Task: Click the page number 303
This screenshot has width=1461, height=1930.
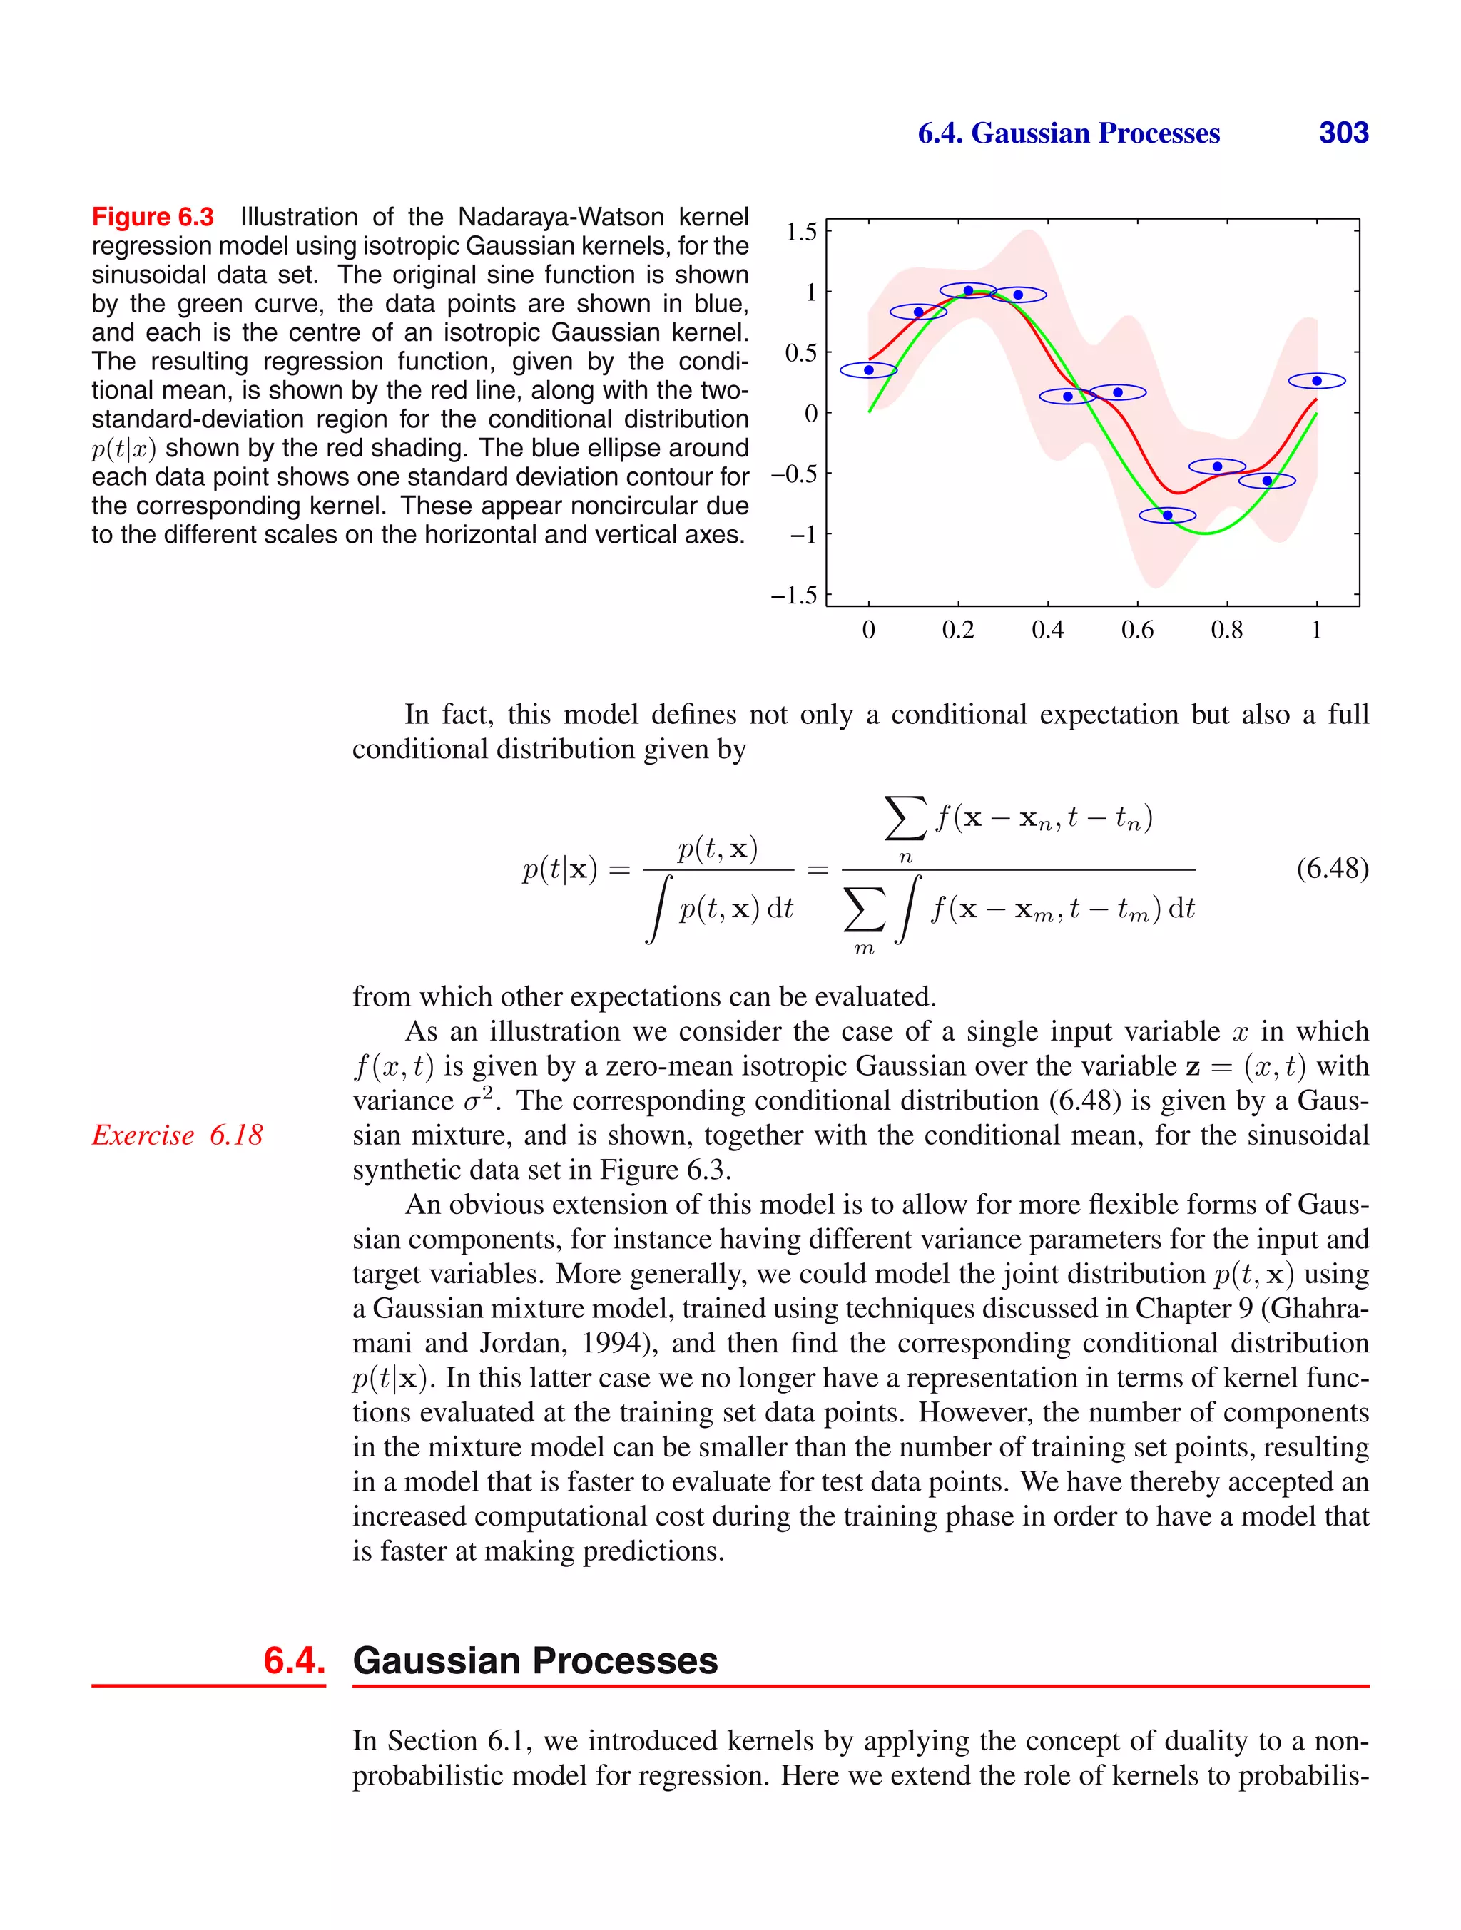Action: (x=1343, y=133)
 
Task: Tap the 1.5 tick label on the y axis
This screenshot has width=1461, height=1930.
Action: (x=800, y=232)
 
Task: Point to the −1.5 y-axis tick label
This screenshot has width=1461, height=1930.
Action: (x=793, y=596)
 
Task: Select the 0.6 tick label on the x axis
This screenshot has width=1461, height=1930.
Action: (x=1136, y=630)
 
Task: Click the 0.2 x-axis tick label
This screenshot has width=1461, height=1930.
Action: (x=957, y=630)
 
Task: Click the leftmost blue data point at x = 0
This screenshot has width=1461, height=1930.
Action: (x=868, y=370)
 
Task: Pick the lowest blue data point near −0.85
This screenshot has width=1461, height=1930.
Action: (x=1167, y=515)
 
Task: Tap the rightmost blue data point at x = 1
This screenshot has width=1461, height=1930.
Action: (x=1316, y=380)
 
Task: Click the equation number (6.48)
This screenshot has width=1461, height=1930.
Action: (x=1332, y=868)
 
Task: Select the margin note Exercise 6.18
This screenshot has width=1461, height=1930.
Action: (x=177, y=1135)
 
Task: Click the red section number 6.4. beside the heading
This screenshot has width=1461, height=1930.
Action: (x=294, y=1660)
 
